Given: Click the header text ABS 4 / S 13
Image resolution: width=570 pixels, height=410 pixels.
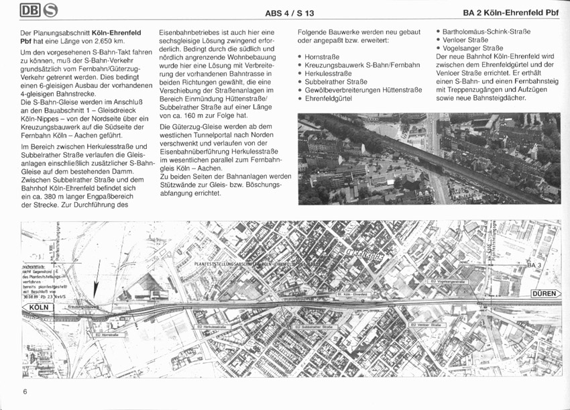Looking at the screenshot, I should click(x=290, y=13).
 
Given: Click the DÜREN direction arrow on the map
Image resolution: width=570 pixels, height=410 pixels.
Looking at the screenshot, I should click(x=544, y=294).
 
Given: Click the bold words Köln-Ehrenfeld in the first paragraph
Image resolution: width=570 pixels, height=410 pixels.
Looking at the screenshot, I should click(x=116, y=32).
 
